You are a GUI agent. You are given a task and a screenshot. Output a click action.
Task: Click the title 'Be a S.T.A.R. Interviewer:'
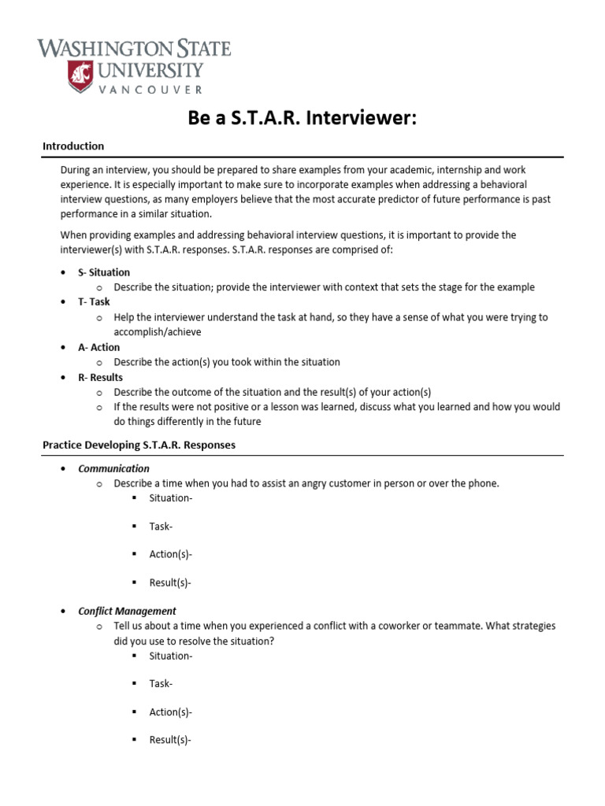coord(302,118)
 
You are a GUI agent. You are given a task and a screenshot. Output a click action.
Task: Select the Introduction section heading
coord(73,146)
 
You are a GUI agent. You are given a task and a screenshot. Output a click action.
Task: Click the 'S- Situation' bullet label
coord(104,272)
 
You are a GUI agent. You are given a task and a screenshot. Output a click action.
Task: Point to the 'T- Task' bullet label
coord(94,301)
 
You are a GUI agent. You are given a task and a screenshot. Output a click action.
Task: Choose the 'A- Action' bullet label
coord(98,347)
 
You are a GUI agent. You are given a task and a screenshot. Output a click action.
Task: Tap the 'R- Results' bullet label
coord(100,377)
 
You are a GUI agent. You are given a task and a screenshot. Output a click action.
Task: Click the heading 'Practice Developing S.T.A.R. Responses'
coord(139,445)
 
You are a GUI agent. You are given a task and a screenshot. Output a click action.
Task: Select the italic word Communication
coord(113,468)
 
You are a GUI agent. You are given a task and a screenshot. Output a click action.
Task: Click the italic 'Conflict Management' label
coord(127,611)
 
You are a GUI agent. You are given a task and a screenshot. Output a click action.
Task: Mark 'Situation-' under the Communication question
coord(171,498)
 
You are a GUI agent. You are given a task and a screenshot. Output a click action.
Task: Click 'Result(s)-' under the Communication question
coord(170,583)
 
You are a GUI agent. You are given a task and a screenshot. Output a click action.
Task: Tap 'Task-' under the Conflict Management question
coord(161,684)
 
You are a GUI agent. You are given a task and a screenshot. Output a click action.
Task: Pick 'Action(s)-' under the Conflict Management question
coord(171,712)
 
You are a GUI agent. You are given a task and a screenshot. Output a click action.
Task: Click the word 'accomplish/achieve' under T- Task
coord(158,332)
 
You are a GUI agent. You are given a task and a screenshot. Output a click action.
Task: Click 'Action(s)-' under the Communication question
coord(171,555)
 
